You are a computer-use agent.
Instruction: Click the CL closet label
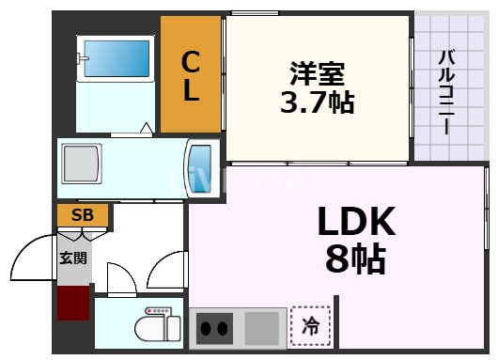191,75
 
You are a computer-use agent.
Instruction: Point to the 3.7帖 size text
317,102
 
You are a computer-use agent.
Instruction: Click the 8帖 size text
354,258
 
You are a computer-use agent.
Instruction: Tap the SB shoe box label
83,216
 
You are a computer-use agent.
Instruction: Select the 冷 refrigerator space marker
309,328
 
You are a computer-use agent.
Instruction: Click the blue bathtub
117,58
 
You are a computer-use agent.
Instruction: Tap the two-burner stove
215,329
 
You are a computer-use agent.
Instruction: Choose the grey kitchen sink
263,328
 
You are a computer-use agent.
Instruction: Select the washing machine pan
83,166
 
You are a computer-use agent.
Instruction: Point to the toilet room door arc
120,277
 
